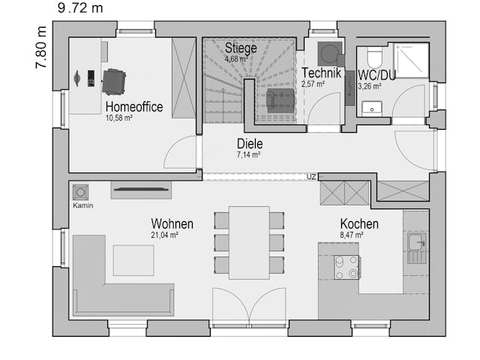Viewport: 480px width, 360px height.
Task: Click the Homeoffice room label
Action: pyautogui.click(x=134, y=106)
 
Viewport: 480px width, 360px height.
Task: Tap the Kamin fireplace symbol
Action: pyautogui.click(x=80, y=192)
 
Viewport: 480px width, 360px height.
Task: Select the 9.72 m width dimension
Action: pyautogui.click(x=80, y=8)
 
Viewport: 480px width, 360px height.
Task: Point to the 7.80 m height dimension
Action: pyautogui.click(x=41, y=47)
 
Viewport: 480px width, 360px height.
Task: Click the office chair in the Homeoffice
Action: pyautogui.click(x=113, y=82)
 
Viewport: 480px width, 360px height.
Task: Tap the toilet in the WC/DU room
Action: pyautogui.click(x=374, y=58)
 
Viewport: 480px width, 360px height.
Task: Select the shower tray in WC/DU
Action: pyautogui.click(x=411, y=60)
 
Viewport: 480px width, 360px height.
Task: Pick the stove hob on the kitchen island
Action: pyautogui.click(x=346, y=267)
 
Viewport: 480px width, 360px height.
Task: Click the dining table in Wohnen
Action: pyautogui.click(x=250, y=243)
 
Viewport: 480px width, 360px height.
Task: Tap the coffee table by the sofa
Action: pyautogui.click(x=133, y=260)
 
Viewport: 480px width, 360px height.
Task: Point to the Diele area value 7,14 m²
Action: pyautogui.click(x=248, y=155)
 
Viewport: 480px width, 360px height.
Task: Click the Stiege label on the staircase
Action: pyautogui.click(x=241, y=48)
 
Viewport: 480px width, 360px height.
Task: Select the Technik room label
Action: pyautogui.click(x=322, y=73)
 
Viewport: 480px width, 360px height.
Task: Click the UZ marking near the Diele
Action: pyautogui.click(x=311, y=177)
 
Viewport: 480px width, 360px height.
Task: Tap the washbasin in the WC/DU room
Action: pyautogui.click(x=372, y=108)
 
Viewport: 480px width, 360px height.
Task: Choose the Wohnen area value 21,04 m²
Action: pyautogui.click(x=165, y=235)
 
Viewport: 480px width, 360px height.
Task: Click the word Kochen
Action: pyautogui.click(x=359, y=223)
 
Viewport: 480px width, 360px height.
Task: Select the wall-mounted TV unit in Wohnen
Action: pyautogui.click(x=141, y=190)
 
